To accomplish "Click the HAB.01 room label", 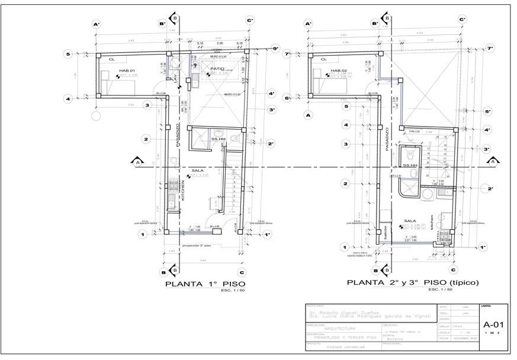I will click(127, 71).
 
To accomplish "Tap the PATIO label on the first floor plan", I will click(217, 69).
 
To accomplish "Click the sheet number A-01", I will click(493, 324).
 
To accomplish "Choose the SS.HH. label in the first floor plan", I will click(219, 139).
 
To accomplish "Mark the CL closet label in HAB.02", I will click(324, 59).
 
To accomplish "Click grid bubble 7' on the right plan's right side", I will click(489, 48).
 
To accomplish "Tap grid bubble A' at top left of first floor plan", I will click(95, 24).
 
